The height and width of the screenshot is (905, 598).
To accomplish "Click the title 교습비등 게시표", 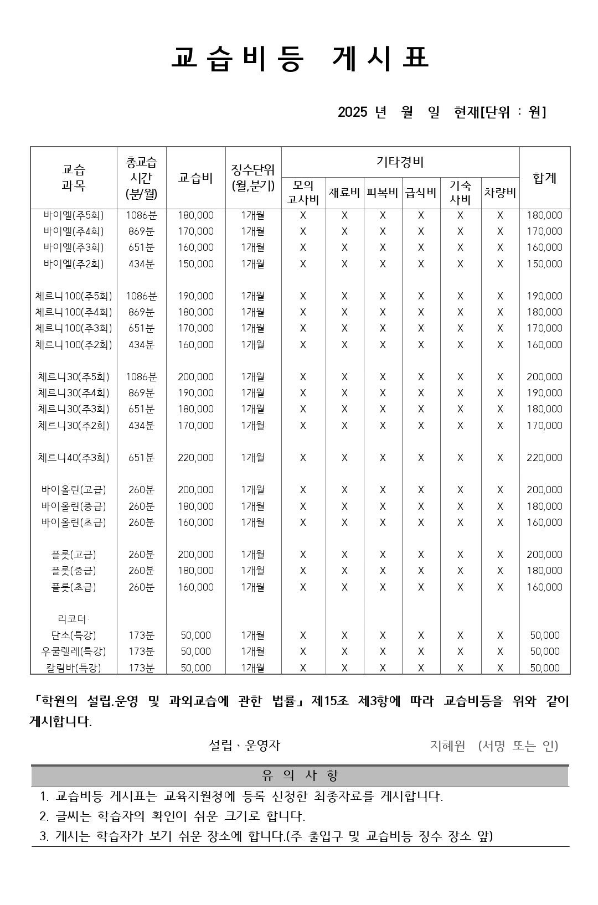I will [x=300, y=59].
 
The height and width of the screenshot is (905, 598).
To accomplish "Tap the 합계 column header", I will [x=544, y=178].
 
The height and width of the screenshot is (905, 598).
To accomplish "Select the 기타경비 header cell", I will [x=400, y=162].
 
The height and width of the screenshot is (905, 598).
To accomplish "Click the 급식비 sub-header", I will [x=421, y=193].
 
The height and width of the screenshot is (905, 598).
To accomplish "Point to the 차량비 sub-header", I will [x=500, y=193].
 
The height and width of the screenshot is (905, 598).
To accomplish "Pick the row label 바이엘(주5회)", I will [x=74, y=215].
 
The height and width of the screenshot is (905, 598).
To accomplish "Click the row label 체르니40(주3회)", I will [x=74, y=458].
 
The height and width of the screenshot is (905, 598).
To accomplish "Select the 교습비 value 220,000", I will [x=195, y=458].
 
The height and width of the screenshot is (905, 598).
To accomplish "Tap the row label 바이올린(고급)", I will [x=74, y=490].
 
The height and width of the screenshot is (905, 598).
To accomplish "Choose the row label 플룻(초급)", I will [x=74, y=587].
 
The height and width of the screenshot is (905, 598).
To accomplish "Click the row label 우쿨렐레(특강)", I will [x=74, y=651].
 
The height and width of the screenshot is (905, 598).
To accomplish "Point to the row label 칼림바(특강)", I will [x=74, y=668].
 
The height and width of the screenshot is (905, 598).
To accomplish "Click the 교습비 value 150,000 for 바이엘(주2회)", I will [x=195, y=264].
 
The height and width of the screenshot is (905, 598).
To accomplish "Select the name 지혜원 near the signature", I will [x=448, y=746].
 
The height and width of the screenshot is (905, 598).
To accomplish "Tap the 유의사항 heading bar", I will [x=300, y=776].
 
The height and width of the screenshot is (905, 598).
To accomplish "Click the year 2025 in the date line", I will [x=353, y=112].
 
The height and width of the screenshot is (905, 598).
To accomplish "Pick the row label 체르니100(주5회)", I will [x=74, y=296].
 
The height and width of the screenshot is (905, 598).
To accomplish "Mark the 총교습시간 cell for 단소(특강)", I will [x=141, y=635].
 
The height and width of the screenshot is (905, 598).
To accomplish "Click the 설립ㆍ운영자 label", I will [x=245, y=746].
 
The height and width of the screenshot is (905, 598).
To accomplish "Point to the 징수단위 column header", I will [x=253, y=178].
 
